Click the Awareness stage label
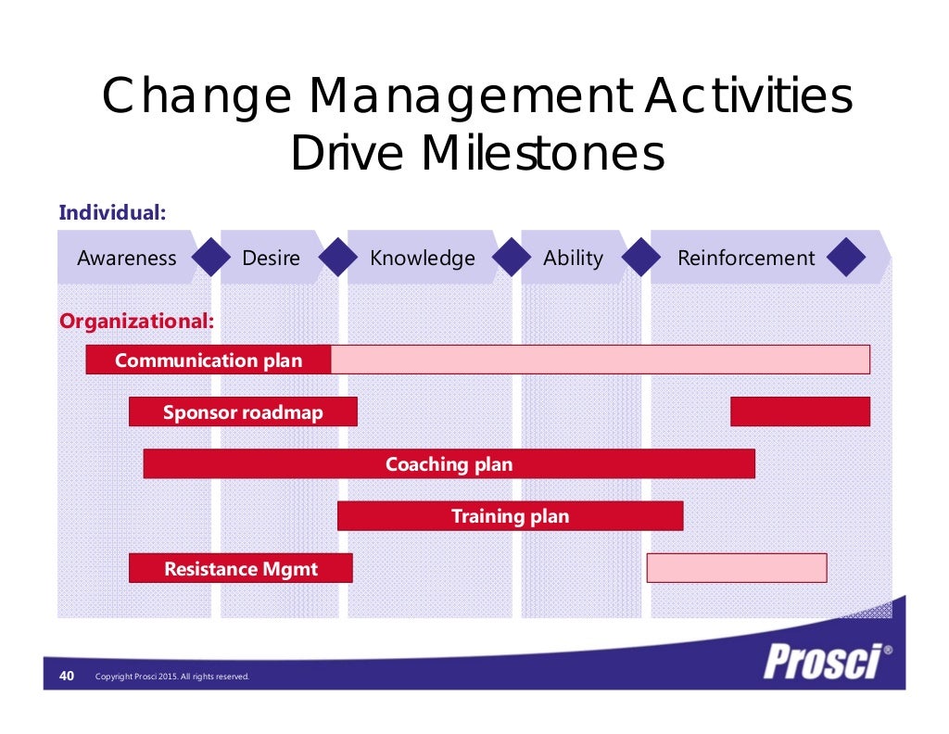coord(126,259)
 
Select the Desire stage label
coord(271,259)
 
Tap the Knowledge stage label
coord(422,259)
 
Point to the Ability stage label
coord(572,259)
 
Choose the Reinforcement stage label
coord(745,259)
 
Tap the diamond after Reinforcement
coord(844,259)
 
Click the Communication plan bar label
coord(209,361)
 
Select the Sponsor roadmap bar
coord(243,412)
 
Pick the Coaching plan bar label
coord(449,464)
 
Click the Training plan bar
coord(510,516)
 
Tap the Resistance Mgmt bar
coord(241,568)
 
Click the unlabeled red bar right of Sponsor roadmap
coord(800,411)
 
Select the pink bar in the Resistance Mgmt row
coord(736,568)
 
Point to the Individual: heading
coord(112,212)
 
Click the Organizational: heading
coord(136,322)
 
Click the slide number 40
coord(67,676)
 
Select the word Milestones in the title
coord(543,155)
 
